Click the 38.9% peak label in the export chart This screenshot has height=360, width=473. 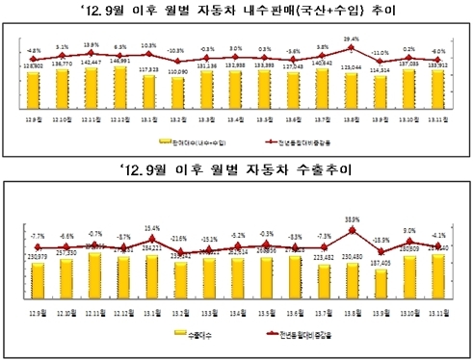tap(354, 219)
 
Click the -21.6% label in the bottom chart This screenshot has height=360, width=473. tap(178, 237)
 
